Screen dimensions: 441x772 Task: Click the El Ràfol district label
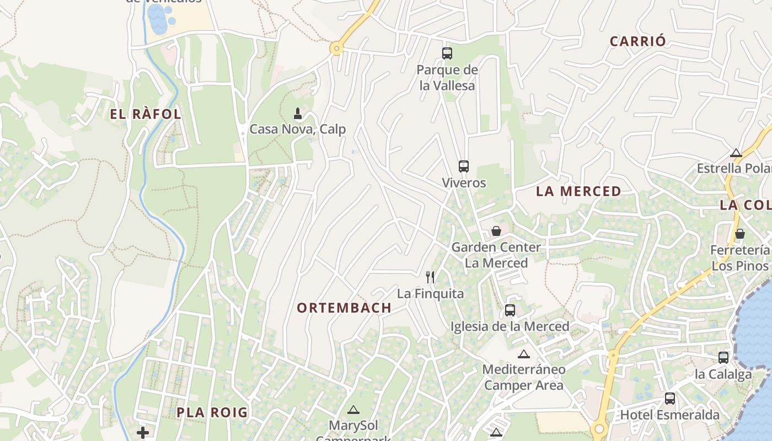tap(146, 115)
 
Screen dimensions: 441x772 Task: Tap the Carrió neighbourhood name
tap(637, 41)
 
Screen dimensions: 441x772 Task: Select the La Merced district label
tap(578, 191)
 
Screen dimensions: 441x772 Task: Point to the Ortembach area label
tap(344, 308)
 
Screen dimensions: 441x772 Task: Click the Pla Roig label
tap(212, 412)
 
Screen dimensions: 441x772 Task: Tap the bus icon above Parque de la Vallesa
tap(447, 53)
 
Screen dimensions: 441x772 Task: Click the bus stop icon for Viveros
tap(464, 166)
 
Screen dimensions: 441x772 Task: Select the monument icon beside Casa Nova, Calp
tap(298, 114)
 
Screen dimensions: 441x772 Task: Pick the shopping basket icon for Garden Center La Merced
tap(496, 231)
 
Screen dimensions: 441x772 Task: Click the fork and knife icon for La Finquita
tap(430, 277)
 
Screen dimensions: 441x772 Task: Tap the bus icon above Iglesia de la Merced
tap(510, 310)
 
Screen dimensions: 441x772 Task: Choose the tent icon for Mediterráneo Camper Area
tap(523, 354)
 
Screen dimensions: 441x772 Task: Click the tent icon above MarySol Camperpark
tap(353, 410)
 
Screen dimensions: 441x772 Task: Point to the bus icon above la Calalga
tap(723, 358)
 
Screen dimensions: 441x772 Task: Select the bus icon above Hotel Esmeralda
tap(670, 398)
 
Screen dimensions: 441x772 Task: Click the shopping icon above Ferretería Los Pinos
tap(740, 234)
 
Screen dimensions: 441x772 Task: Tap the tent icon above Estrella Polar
tap(736, 153)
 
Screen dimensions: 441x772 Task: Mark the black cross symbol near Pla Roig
tap(143, 432)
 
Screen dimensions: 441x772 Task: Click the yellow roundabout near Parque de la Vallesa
tap(336, 49)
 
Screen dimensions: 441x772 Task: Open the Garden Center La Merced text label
tap(496, 255)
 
